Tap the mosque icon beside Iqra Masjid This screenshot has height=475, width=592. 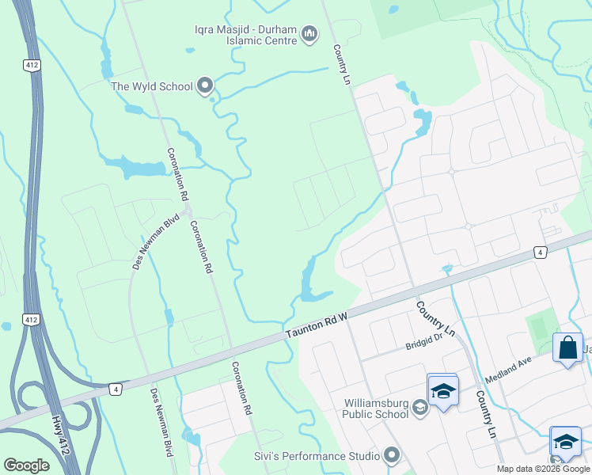tap(309, 36)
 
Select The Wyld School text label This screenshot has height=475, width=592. tap(152, 86)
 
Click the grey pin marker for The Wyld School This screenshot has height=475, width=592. tap(206, 85)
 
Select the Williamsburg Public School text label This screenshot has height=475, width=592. tap(376, 408)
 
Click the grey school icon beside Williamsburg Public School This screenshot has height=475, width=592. tap(419, 408)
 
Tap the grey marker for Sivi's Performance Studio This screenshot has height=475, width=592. tap(390, 455)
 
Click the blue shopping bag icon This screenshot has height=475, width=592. tap(568, 348)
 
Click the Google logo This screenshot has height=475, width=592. tap(26, 465)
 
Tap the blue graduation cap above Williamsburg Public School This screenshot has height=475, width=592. tap(442, 390)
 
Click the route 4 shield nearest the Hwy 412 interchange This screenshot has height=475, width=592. tap(116, 389)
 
